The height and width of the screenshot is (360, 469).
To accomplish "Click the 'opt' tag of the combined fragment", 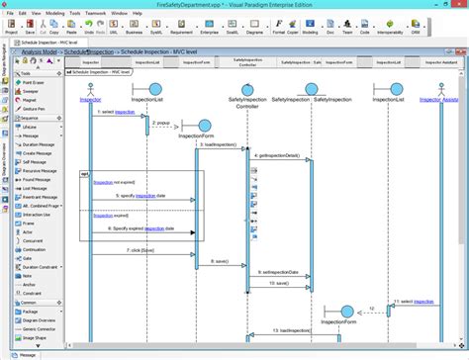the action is click(x=86, y=173).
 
